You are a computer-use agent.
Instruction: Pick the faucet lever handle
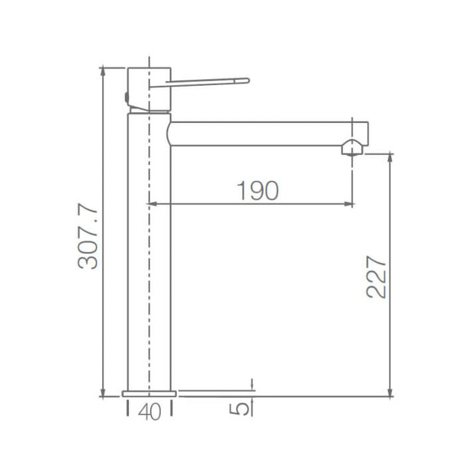tap(209, 82)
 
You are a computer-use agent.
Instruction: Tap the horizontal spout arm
tap(264, 132)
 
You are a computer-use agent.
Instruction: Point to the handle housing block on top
tap(149, 88)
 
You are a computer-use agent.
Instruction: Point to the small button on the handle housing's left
tap(126, 97)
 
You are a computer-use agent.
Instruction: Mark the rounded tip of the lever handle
tap(247, 81)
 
